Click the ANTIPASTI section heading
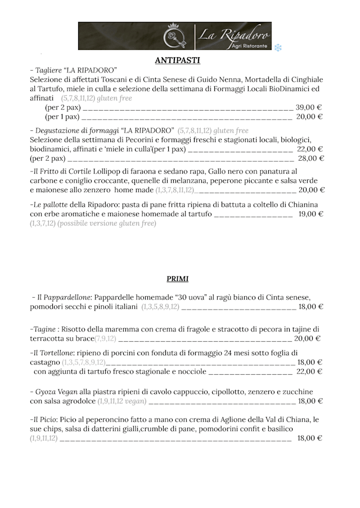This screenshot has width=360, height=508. pyautogui.click(x=177, y=60)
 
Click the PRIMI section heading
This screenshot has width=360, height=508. pyautogui.click(x=177, y=279)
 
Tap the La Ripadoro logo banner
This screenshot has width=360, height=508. pyautogui.click(x=174, y=36)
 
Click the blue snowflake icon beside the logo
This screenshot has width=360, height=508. pyautogui.click(x=278, y=48)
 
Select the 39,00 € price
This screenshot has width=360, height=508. pyautogui.click(x=309, y=107)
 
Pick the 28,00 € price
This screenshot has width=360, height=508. pyautogui.click(x=310, y=158)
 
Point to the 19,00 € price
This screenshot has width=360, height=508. pyautogui.click(x=310, y=214)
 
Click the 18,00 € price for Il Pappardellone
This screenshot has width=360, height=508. pyautogui.click(x=310, y=307)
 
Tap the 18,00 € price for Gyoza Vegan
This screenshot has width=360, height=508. pyautogui.click(x=310, y=401)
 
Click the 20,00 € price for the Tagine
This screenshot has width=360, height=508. pyautogui.click(x=308, y=338)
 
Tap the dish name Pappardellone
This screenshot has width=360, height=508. pyautogui.click(x=64, y=297)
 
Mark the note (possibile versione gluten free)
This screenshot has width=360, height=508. pyautogui.click(x=106, y=223)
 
